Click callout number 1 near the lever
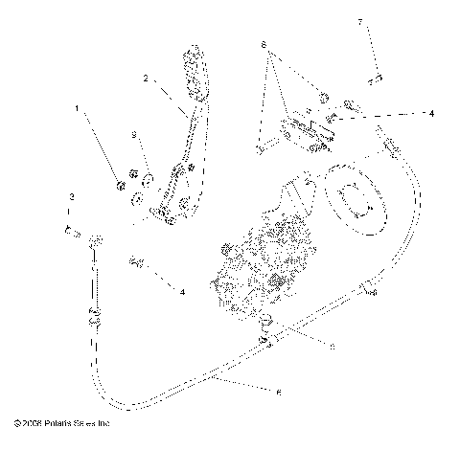(78, 109)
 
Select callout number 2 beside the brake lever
(146, 78)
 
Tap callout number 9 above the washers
(135, 133)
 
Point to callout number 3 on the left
(72, 197)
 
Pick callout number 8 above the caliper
(263, 45)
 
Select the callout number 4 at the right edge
(431, 113)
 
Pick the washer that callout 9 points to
(149, 179)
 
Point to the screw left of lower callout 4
(136, 260)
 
